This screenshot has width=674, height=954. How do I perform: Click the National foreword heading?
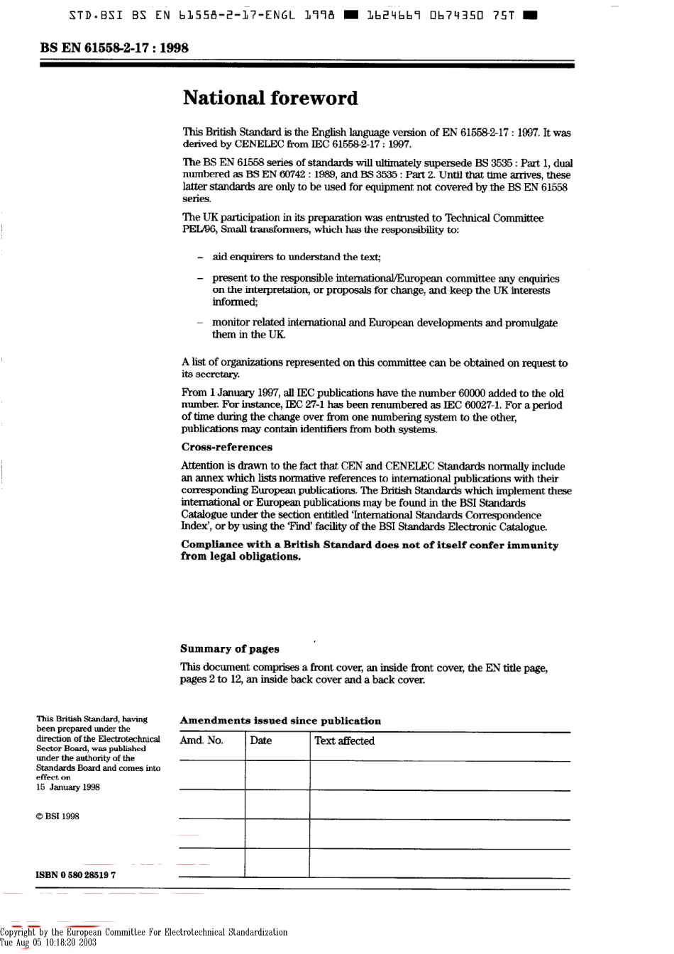pos(270,98)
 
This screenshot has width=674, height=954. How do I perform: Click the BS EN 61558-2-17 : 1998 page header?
pos(114,48)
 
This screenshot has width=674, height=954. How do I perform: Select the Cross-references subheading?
pos(226,447)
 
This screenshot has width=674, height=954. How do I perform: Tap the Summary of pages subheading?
pos(229,648)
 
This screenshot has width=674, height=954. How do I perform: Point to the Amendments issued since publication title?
pos(280,721)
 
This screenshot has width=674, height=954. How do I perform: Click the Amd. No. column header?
pos(201,741)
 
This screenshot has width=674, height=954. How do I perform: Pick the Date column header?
pos(260,741)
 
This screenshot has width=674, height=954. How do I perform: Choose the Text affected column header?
pos(344,741)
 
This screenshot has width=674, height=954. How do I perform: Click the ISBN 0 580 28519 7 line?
pos(76,875)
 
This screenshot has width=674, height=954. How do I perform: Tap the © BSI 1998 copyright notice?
pos(57,816)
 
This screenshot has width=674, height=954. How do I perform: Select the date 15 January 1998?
pos(68,787)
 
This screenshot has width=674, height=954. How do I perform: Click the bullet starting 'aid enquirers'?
pos(296,257)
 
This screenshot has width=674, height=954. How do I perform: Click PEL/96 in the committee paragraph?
pos(197,230)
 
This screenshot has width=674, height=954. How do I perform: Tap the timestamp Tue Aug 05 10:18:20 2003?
pos(48,943)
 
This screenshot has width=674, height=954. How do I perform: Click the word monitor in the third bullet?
pos(231,323)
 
